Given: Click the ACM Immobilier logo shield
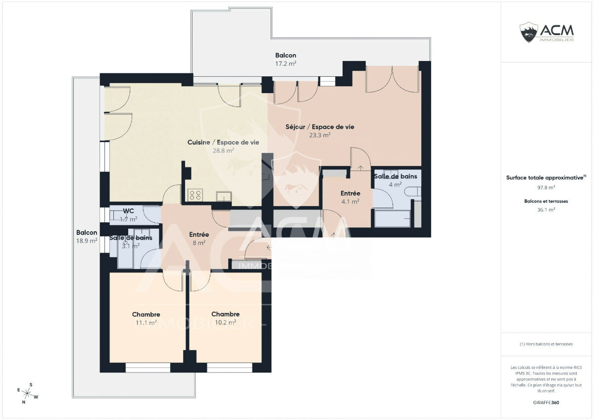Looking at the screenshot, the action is [x=529, y=32].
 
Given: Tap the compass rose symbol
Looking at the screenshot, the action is [x=27, y=393].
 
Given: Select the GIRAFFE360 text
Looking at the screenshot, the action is [x=546, y=403].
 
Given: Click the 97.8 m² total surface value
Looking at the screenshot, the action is [x=546, y=187].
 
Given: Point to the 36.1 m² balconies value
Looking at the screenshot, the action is [x=546, y=210].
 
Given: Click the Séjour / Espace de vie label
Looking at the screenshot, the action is [x=320, y=127].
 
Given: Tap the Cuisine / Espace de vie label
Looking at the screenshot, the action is [x=223, y=143].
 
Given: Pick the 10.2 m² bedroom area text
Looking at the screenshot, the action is [x=225, y=322].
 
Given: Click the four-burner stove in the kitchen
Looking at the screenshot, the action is [x=195, y=195].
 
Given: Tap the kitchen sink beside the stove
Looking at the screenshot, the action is [x=224, y=196].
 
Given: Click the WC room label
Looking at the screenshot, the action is [x=128, y=211].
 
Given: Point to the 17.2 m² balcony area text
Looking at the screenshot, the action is [x=286, y=64].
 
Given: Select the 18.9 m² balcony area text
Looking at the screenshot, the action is [x=87, y=241].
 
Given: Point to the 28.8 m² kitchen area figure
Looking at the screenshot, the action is [x=223, y=151].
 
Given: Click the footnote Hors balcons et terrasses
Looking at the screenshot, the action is [x=546, y=344].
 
